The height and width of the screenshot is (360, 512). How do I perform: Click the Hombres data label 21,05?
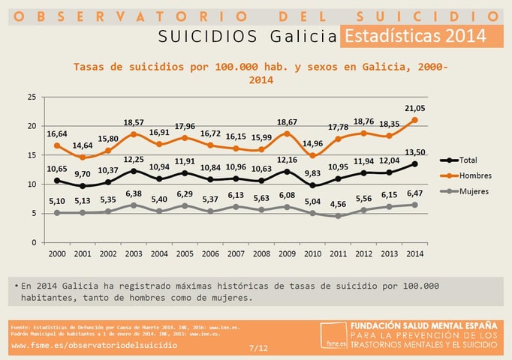pyautogui.click(x=414, y=108)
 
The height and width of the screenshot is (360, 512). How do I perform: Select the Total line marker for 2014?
pyautogui.click(x=414, y=163)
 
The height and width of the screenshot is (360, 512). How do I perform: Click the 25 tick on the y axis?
pyautogui.click(x=31, y=97)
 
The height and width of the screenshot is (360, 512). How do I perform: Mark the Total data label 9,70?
pyautogui.click(x=83, y=173)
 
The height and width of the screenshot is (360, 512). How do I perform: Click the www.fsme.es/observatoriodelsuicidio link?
pyautogui.click(x=95, y=346)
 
